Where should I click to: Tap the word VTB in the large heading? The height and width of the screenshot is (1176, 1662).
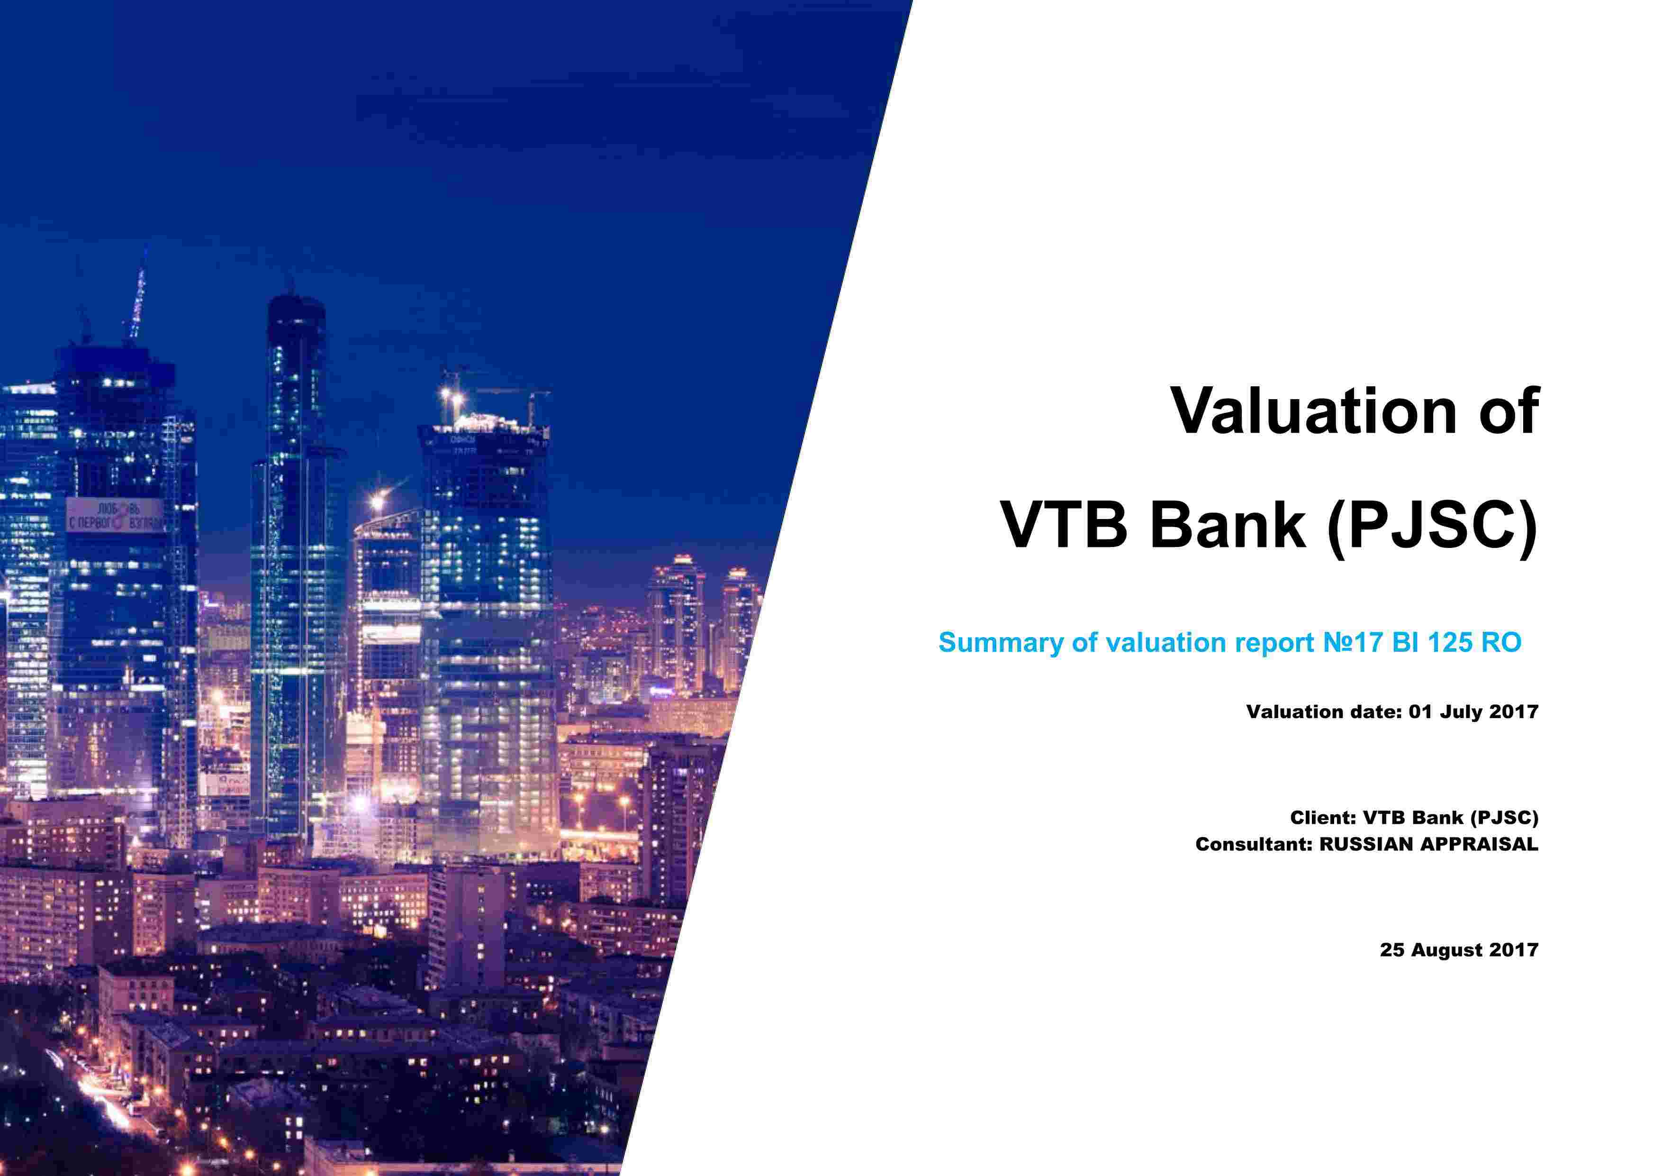[x=1064, y=524]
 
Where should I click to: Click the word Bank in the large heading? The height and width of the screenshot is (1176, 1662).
[x=1228, y=524]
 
